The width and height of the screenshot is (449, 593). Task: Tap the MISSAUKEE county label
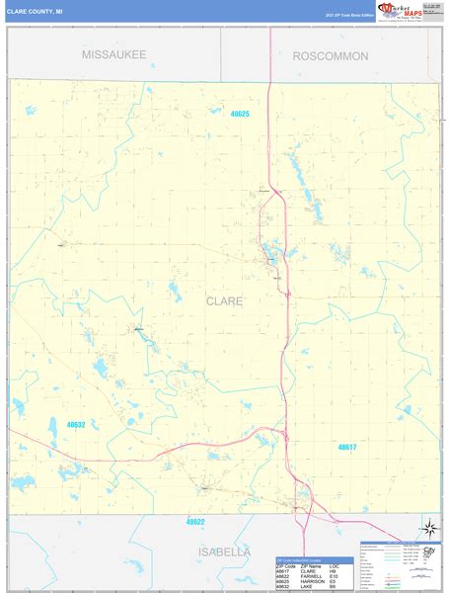[113, 54]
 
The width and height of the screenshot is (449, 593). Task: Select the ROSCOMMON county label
[331, 56]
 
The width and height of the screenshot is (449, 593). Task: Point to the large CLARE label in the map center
[225, 300]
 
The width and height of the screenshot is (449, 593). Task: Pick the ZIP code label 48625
[240, 115]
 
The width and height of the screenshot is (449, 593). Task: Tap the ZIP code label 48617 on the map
[346, 447]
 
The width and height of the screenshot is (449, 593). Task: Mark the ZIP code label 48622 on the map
[195, 521]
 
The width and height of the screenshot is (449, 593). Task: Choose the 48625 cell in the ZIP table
[284, 582]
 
